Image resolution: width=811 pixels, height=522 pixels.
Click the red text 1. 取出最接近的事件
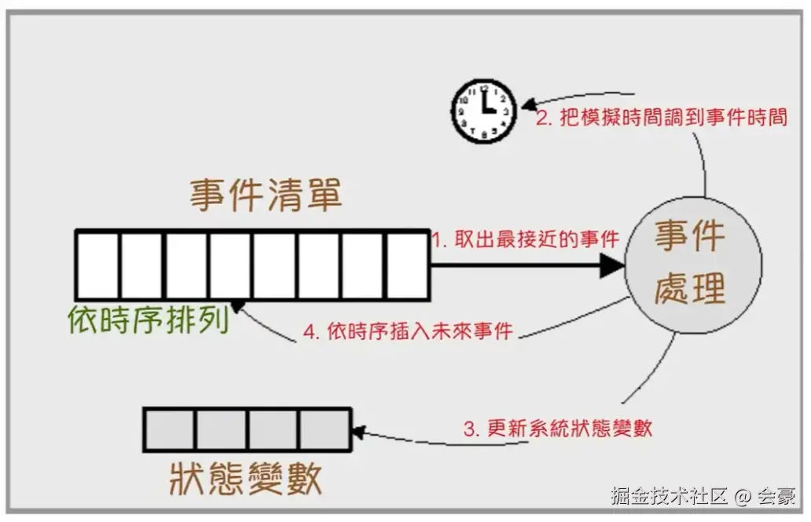tap(527, 239)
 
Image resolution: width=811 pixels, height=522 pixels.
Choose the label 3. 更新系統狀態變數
tap(558, 429)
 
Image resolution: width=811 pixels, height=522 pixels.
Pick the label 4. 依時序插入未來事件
tap(409, 331)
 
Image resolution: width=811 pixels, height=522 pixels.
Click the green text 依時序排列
tap(148, 320)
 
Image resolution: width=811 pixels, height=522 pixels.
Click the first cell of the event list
tap(97, 265)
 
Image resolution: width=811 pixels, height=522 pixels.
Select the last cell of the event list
tap(408, 265)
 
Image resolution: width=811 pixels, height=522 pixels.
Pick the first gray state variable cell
tap(168, 429)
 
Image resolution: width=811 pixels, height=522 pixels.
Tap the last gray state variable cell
tap(325, 429)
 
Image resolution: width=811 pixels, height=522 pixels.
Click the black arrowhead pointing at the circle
tap(611, 265)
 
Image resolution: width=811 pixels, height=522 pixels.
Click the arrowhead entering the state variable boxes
tap(359, 430)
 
